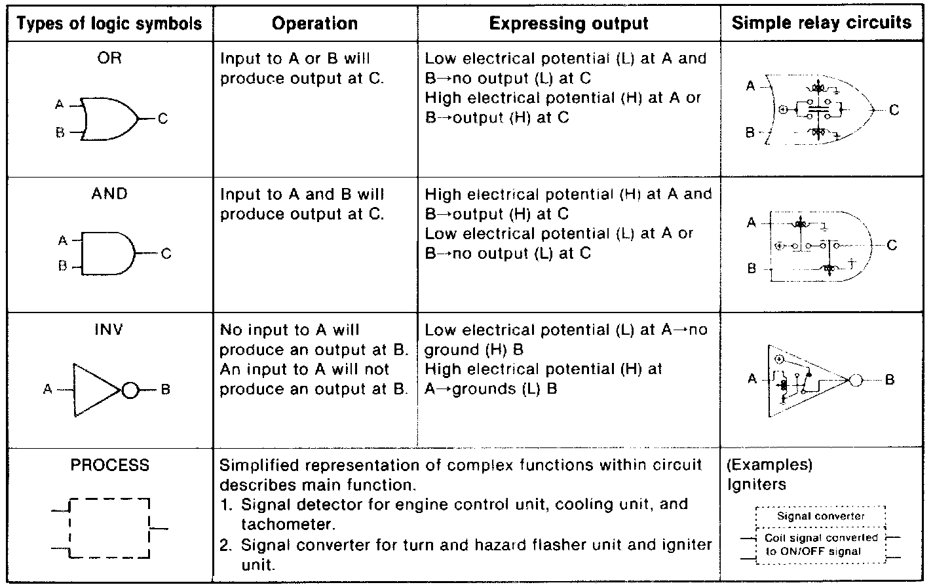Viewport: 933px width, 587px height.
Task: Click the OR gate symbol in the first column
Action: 109,119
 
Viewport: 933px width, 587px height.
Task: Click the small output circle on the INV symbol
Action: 130,390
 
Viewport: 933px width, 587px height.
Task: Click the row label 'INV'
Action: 109,330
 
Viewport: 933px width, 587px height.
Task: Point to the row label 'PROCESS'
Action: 109,466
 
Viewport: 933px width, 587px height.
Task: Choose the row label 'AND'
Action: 109,194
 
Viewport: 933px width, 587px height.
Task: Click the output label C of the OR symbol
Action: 162,119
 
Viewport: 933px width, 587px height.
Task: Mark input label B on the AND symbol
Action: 63,267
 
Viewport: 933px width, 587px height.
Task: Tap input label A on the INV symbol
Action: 48,390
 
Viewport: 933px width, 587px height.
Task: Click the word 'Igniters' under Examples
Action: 757,484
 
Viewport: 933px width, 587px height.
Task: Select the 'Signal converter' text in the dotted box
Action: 820,516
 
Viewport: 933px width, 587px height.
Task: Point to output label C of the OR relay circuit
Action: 894,110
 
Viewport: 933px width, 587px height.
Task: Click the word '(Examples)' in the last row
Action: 769,465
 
